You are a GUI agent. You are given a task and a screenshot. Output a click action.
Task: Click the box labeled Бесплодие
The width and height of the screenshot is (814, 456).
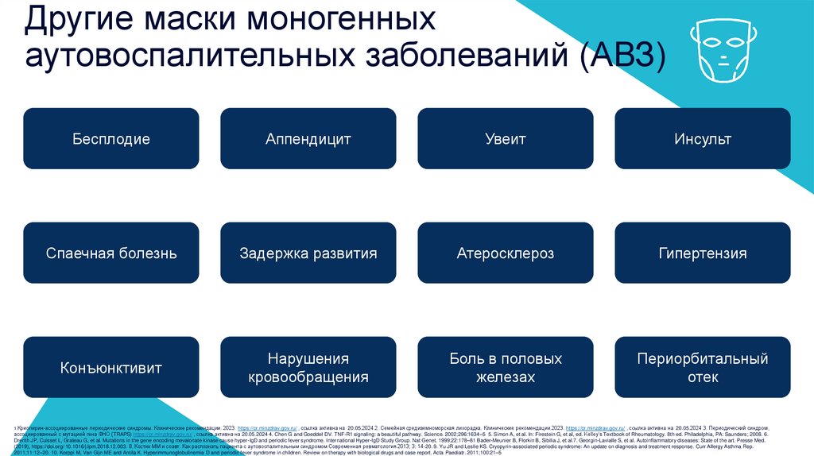click(x=111, y=139)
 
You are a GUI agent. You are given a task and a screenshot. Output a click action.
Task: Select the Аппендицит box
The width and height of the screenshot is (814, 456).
click(x=308, y=139)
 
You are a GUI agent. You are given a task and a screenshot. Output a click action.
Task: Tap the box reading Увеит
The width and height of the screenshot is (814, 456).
click(x=506, y=139)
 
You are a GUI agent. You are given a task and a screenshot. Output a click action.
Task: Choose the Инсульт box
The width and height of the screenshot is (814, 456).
click(x=703, y=139)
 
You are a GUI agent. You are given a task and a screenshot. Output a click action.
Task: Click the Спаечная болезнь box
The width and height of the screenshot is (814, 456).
click(x=111, y=253)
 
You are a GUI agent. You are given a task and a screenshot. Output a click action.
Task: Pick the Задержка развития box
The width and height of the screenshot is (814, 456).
click(x=308, y=253)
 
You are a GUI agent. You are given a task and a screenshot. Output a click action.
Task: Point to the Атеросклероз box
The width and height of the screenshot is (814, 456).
click(x=506, y=253)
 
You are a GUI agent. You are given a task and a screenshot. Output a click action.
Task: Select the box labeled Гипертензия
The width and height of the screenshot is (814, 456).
click(x=703, y=253)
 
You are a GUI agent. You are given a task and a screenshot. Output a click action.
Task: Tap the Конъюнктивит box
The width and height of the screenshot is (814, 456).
click(x=111, y=368)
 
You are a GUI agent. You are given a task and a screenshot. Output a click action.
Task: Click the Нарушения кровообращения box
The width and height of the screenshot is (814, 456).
click(x=308, y=368)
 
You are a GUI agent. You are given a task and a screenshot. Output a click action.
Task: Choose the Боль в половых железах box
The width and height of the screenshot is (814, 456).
click(x=506, y=368)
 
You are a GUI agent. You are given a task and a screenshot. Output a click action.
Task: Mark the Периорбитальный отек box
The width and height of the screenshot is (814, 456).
click(x=703, y=368)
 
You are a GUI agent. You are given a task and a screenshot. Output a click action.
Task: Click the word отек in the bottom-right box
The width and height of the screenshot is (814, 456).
click(x=703, y=377)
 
